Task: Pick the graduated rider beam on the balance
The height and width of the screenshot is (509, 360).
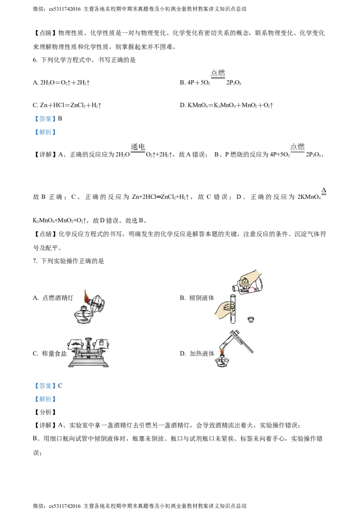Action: point(88,355)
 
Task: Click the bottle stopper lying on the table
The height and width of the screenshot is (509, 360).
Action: point(251,320)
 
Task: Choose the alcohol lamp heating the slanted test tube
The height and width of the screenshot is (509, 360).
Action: point(221,362)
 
